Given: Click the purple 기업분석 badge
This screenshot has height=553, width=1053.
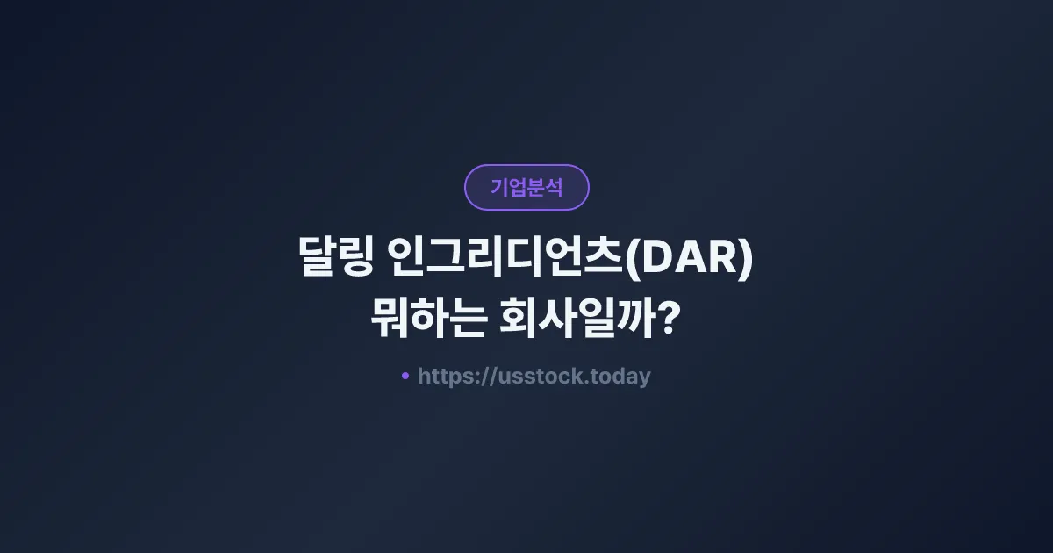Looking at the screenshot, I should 526,187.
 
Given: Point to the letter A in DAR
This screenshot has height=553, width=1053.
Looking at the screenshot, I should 687,261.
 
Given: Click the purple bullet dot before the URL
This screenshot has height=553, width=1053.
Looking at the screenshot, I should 405,376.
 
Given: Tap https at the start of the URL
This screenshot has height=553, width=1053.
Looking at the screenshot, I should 443,377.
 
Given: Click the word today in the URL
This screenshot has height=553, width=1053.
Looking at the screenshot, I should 622,377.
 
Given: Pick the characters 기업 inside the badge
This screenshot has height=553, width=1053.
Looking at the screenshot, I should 508,187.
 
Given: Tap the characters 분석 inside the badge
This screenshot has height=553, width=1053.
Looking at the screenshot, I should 545,187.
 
